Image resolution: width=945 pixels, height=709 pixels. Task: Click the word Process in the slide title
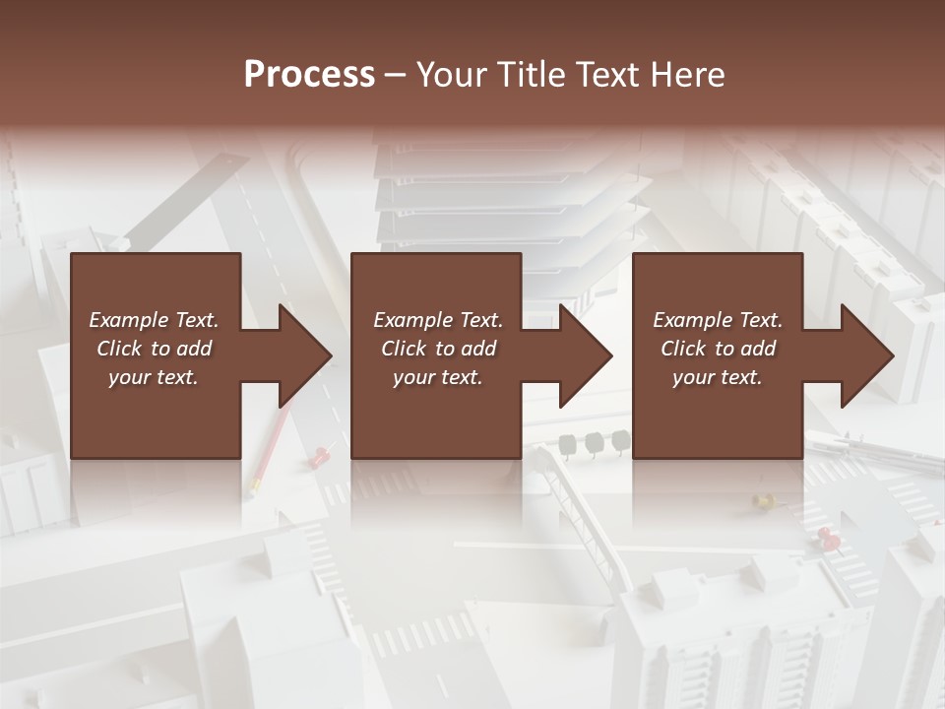click(309, 75)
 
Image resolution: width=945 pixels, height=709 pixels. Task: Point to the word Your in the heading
click(452, 75)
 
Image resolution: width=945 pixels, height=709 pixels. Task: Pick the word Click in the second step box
click(404, 349)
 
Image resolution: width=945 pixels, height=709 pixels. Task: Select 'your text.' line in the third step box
click(717, 377)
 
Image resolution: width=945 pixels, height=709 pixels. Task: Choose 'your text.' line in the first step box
click(154, 377)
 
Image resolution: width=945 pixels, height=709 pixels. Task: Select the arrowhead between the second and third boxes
click(585, 355)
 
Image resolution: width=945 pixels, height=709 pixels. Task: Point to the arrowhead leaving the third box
click(866, 355)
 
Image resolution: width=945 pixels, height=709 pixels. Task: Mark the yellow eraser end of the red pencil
click(254, 485)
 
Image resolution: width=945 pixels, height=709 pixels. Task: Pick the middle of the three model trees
click(595, 443)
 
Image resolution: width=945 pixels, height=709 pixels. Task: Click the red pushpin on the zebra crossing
click(828, 538)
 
